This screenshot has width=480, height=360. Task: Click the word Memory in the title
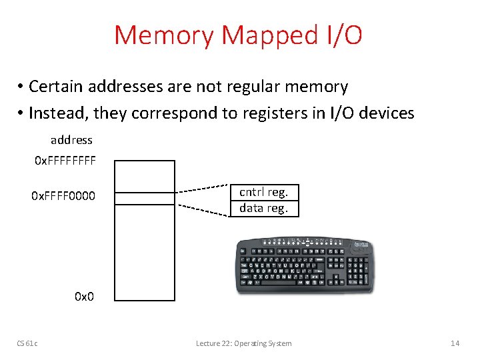pyautogui.click(x=165, y=35)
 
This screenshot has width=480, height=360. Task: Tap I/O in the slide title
pyautogui.click(x=341, y=35)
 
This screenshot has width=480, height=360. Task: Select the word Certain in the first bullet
pyautogui.click(x=55, y=87)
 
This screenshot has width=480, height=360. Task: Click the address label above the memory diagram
pyautogui.click(x=71, y=140)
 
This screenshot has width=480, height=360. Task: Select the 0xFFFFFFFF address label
pyautogui.click(x=65, y=161)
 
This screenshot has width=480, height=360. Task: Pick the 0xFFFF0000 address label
pyautogui.click(x=63, y=196)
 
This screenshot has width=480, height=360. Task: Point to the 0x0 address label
pyautogui.click(x=84, y=296)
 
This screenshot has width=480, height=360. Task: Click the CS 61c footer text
pyautogui.click(x=27, y=343)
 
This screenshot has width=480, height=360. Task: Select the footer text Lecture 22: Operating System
pyautogui.click(x=243, y=343)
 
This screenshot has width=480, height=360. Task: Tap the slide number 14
pyautogui.click(x=455, y=343)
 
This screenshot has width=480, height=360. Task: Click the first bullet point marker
pyautogui.click(x=21, y=87)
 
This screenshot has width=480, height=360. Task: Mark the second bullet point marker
pyautogui.click(x=21, y=114)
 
